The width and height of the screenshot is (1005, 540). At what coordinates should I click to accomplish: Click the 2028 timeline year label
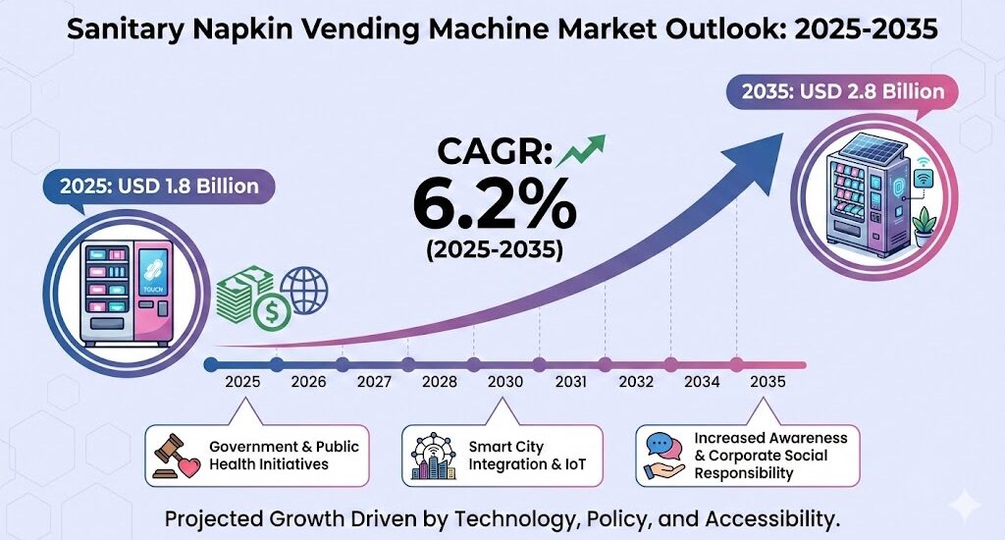tap(440, 381)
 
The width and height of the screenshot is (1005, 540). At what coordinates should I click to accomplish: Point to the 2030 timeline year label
tap(504, 381)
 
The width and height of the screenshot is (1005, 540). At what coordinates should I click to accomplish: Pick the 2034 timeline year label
tap(702, 381)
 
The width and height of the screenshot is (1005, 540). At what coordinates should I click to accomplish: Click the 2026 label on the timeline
tap(308, 381)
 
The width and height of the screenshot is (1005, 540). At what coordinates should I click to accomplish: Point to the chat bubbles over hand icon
tap(665, 455)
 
